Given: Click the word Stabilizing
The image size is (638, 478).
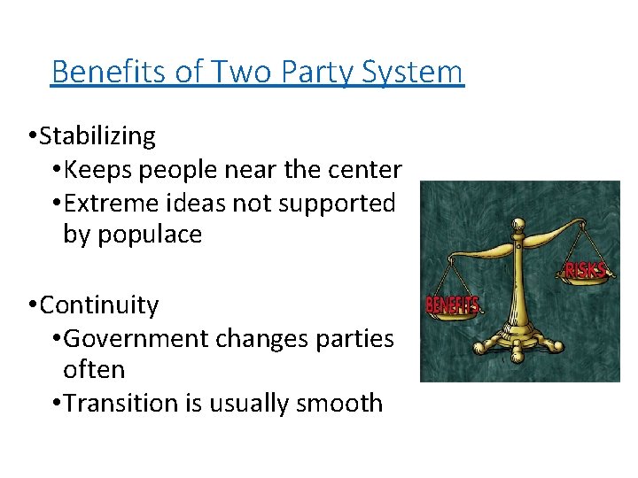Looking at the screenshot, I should pyautogui.click(x=97, y=136).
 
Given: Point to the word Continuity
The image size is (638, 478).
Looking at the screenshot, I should pyautogui.click(x=99, y=305).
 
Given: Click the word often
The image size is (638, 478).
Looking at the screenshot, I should pyautogui.click(x=94, y=369).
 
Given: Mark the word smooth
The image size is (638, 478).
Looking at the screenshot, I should pyautogui.click(x=341, y=403).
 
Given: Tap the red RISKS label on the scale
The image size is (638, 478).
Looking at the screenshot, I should pyautogui.click(x=585, y=269).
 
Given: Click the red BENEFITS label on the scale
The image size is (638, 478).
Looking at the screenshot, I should pyautogui.click(x=453, y=305).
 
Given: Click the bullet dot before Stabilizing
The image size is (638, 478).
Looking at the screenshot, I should pyautogui.click(x=32, y=137).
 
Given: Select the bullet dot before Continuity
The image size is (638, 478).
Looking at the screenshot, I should pyautogui.click(x=32, y=306).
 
